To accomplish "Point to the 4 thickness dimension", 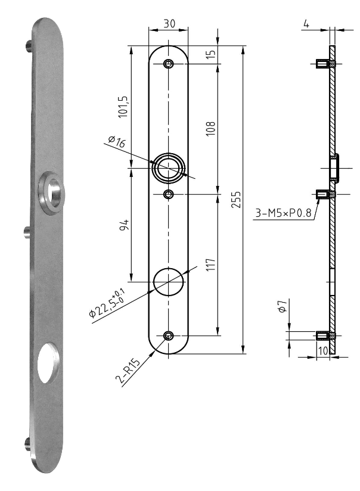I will click(x=306, y=24).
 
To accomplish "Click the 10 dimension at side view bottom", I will click(x=322, y=351).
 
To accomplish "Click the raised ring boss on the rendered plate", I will click(x=51, y=192).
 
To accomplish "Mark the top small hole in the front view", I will click(x=168, y=64).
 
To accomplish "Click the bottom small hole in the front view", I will click(x=168, y=335).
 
